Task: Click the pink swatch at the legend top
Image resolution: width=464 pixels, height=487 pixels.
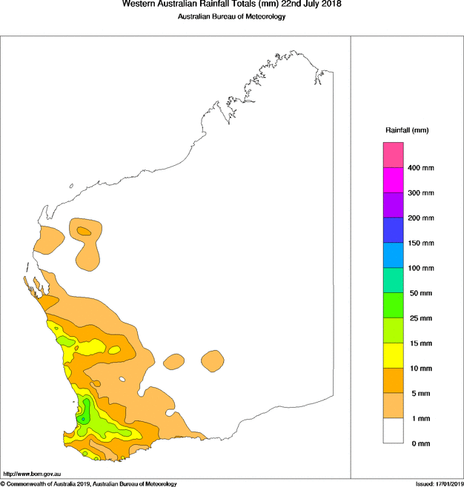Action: [x=393, y=155]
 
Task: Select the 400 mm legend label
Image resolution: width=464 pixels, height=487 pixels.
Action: [x=421, y=168]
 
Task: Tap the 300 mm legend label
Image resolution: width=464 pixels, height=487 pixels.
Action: [x=421, y=193]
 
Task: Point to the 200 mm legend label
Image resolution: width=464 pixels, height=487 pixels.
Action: [x=421, y=218]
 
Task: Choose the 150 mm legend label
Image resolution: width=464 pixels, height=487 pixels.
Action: [x=421, y=243]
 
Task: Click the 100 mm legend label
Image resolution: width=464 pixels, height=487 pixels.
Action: [x=421, y=268]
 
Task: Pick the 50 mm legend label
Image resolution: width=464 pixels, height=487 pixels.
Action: [x=420, y=293]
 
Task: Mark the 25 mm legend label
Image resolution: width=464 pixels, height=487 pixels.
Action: [x=420, y=318]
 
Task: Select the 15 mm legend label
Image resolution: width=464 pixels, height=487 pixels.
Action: [x=420, y=343]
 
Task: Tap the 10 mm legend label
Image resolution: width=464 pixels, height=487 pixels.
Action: [x=420, y=368]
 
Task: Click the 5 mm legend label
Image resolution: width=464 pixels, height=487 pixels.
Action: [x=418, y=393]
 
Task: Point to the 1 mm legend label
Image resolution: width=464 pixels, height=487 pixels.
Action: [x=418, y=418]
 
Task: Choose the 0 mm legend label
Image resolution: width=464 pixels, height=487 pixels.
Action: [x=418, y=443]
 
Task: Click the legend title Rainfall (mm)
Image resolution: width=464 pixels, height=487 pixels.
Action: [x=407, y=130]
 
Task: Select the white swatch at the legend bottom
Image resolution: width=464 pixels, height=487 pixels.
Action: [x=393, y=431]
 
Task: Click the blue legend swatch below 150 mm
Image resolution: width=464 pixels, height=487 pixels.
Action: [x=393, y=255]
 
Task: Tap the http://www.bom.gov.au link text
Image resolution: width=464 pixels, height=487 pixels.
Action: [x=32, y=474]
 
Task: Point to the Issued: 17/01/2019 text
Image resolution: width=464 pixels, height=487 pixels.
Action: [x=439, y=483]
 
